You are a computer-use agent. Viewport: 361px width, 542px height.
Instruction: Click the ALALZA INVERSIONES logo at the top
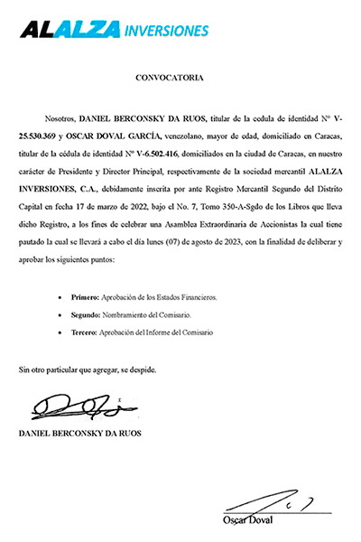coord(115,30)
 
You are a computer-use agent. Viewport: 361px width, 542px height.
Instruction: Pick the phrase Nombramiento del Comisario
coord(143,314)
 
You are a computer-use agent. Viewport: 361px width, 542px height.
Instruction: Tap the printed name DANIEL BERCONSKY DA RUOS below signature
coord(79,435)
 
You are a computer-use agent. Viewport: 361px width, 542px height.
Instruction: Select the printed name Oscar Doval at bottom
coord(247,520)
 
